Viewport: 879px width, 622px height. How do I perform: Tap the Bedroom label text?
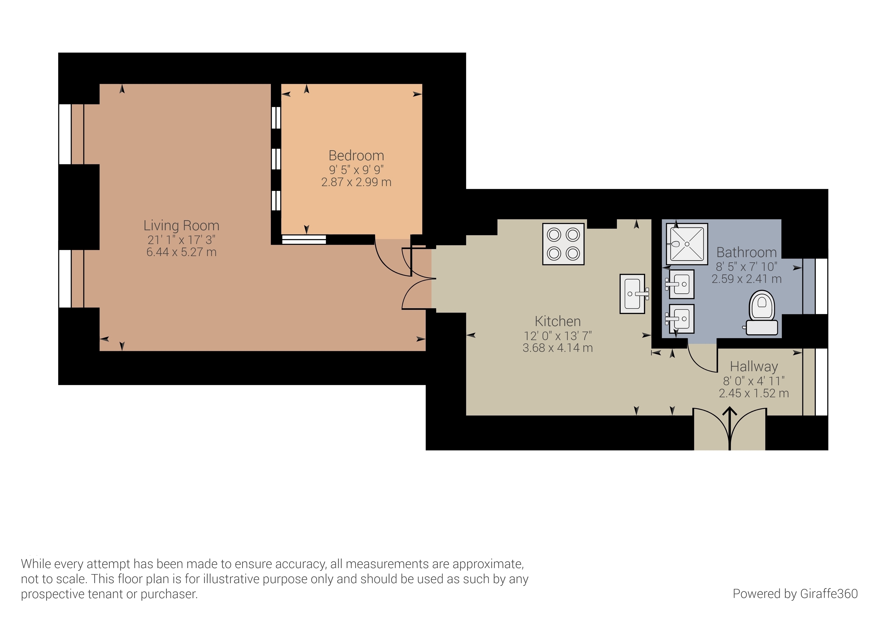[x=356, y=155]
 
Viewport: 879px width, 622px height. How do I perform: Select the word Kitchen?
[x=558, y=321]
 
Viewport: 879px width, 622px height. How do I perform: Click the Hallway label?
[x=754, y=367]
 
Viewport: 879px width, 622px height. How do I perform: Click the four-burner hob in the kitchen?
[x=563, y=244]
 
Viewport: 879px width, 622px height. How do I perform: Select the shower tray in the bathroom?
[x=687, y=244]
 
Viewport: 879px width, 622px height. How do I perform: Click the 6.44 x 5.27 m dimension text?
[x=181, y=252]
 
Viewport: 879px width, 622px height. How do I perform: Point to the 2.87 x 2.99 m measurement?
[x=356, y=182]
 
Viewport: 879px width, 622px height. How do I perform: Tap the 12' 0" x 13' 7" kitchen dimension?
[x=558, y=336]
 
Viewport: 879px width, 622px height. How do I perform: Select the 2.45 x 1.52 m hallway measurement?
[x=754, y=393]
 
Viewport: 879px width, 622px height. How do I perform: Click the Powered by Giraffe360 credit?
[x=795, y=594]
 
